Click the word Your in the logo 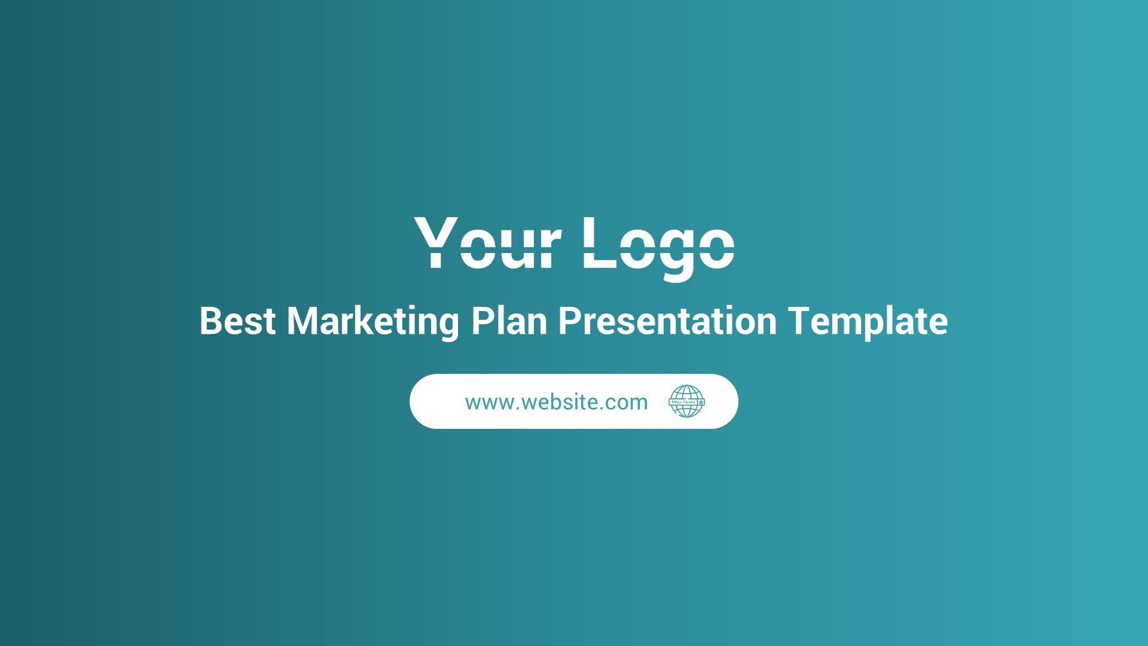[x=487, y=243]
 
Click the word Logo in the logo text [x=658, y=245]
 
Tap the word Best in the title [x=237, y=321]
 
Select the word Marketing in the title [x=373, y=322]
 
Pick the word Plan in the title [x=509, y=321]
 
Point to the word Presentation [x=667, y=321]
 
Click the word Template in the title [x=868, y=322]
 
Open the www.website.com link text [x=556, y=403]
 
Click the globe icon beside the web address [x=686, y=401]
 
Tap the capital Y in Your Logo [x=436, y=242]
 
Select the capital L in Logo [x=599, y=243]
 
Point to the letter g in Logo [x=677, y=254]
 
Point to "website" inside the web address [x=560, y=403]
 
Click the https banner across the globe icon [x=685, y=402]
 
